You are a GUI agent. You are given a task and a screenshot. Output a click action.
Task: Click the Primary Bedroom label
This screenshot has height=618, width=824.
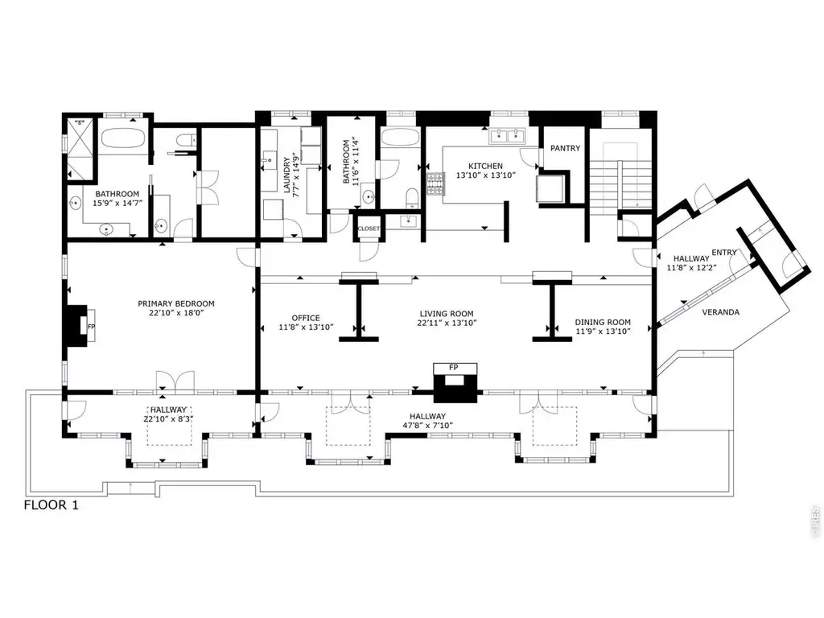pyautogui.click(x=176, y=303)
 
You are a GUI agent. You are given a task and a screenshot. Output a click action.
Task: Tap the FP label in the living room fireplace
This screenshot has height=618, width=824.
pyautogui.click(x=454, y=367)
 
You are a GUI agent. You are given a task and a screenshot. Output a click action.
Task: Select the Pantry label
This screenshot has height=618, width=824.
pyautogui.click(x=566, y=148)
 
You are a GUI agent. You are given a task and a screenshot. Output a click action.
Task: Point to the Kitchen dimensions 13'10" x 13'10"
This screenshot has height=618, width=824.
pyautogui.click(x=486, y=175)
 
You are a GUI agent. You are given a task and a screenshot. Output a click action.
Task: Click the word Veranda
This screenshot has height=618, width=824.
pyautogui.click(x=721, y=312)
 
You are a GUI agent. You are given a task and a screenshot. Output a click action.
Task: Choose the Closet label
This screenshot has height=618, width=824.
pyautogui.click(x=369, y=229)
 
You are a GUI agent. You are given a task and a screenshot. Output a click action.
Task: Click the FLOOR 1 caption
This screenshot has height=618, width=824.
pyautogui.click(x=51, y=505)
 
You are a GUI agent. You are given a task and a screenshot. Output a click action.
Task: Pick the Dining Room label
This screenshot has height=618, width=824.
pyautogui.click(x=603, y=322)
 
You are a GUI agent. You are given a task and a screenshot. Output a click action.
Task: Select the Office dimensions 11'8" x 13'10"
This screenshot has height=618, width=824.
pyautogui.click(x=306, y=328)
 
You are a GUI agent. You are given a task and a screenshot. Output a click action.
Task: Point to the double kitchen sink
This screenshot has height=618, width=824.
pyautogui.click(x=507, y=137)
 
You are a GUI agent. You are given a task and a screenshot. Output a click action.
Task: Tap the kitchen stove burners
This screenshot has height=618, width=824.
pyautogui.click(x=435, y=184)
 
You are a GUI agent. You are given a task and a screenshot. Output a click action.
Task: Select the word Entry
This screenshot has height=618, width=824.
pyautogui.click(x=724, y=252)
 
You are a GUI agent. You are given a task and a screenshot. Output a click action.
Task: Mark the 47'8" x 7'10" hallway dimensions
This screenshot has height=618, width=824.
pyautogui.click(x=428, y=425)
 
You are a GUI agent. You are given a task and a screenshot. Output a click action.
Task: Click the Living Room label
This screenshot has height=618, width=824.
pyautogui.click(x=447, y=314)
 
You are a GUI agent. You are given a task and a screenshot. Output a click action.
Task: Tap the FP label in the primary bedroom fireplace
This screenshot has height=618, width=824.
pyautogui.click(x=92, y=327)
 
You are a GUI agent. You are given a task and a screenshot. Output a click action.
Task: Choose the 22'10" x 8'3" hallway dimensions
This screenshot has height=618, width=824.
pyautogui.click(x=165, y=418)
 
